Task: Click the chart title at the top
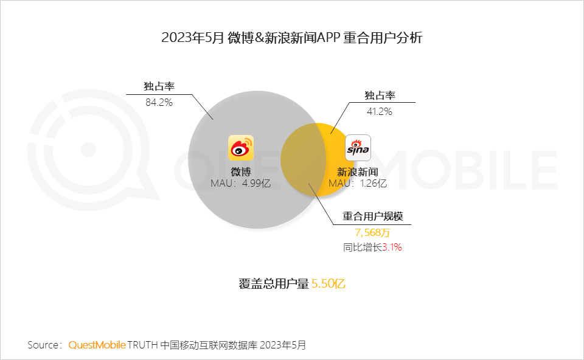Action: click(x=291, y=38)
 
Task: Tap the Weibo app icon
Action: click(x=241, y=148)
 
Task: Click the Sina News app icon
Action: click(x=358, y=148)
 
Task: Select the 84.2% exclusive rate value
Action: click(x=159, y=102)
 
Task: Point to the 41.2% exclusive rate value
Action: click(x=378, y=111)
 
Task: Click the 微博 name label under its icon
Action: click(x=241, y=171)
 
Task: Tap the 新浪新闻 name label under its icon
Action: click(x=358, y=172)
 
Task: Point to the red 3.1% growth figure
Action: click(x=392, y=247)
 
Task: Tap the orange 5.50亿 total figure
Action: click(x=328, y=284)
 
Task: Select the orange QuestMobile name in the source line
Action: click(x=97, y=345)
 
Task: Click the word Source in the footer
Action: click(x=42, y=345)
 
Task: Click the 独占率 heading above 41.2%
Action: click(x=380, y=95)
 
